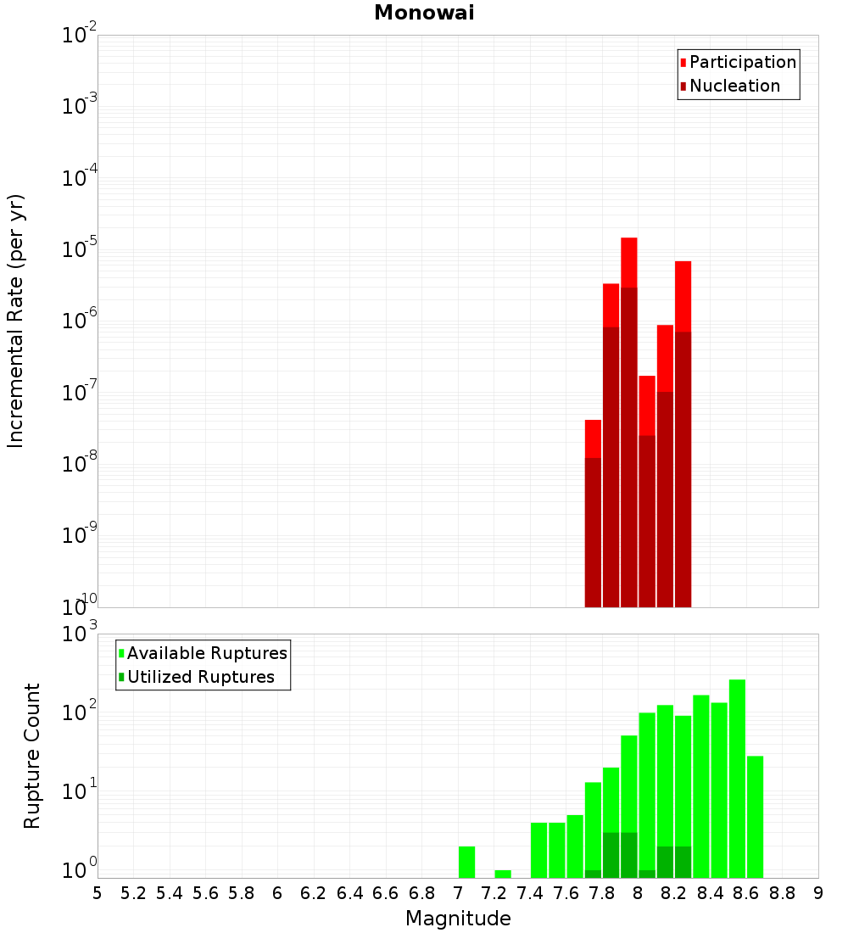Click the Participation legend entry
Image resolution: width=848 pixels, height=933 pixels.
[x=742, y=62]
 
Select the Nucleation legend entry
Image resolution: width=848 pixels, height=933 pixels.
[x=734, y=86]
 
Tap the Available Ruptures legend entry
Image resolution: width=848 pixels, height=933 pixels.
[x=206, y=653]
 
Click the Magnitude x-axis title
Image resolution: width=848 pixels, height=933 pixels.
[x=458, y=919]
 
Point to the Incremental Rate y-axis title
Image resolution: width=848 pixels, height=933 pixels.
[x=16, y=321]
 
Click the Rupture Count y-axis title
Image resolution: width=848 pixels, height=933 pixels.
[x=32, y=755]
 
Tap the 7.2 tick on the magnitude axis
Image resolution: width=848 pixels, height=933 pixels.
[x=494, y=893]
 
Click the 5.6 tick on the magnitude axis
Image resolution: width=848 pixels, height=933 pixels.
[x=205, y=893]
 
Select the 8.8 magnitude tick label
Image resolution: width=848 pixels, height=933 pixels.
[x=783, y=893]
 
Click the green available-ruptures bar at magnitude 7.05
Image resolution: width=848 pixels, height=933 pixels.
[x=466, y=862]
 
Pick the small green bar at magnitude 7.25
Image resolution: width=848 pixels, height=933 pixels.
[x=503, y=874]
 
